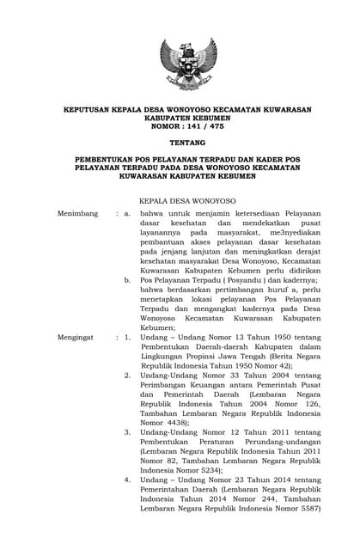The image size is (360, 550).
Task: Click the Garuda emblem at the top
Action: click(x=188, y=64)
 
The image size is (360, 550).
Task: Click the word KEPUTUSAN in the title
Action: click(x=90, y=110)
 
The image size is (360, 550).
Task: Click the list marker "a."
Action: click(x=127, y=212)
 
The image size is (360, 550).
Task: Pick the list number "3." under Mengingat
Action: click(x=127, y=432)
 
